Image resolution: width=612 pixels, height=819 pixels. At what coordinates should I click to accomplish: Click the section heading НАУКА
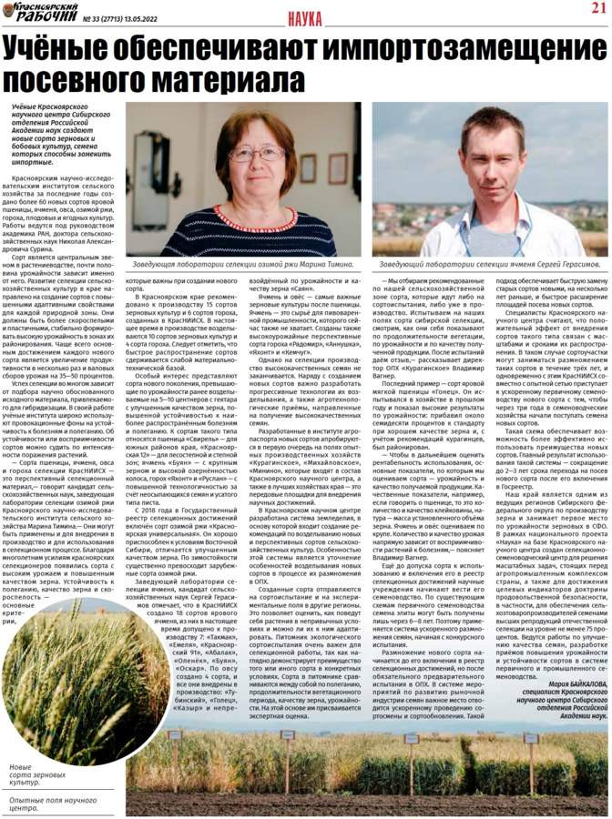click(x=308, y=18)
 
